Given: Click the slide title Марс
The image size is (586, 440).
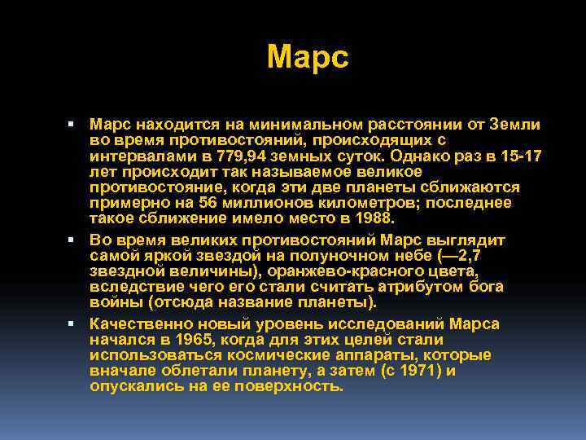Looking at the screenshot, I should tap(307, 56).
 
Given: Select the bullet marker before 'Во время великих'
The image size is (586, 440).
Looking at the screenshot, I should tap(72, 240).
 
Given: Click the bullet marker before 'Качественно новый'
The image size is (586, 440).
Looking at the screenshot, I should tap(72, 324).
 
